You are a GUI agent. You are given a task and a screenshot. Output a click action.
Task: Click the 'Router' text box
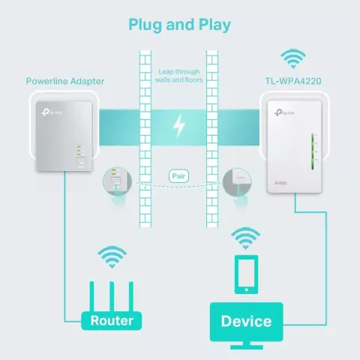pyautogui.click(x=111, y=321)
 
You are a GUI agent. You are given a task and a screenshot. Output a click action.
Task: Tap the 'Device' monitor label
pyautogui.click(x=246, y=321)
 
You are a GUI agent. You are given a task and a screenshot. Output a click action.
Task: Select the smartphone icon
pyautogui.click(x=246, y=276)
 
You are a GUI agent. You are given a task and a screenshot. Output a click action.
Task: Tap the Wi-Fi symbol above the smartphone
pyautogui.click(x=246, y=238)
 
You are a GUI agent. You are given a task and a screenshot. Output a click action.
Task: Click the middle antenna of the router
pyautogui.click(x=111, y=292)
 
